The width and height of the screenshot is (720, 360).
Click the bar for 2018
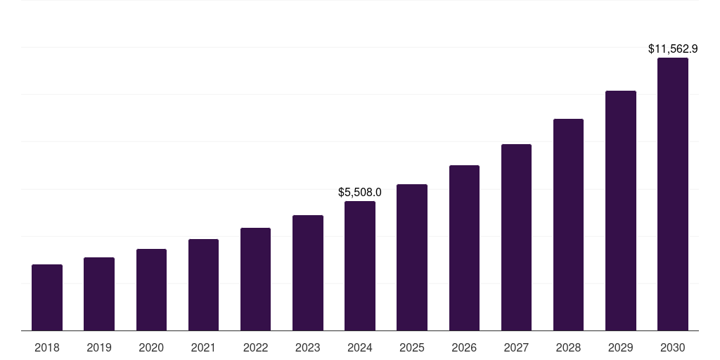point(47,297)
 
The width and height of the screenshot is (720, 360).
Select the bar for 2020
point(151,290)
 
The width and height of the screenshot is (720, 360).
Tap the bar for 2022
point(255,279)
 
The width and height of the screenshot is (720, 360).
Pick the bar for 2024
point(360,266)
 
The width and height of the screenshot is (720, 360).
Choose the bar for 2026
point(464,247)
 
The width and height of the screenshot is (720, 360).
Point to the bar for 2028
point(568,224)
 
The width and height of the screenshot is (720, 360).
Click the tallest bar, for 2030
point(673,194)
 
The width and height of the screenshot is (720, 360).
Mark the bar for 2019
point(99,294)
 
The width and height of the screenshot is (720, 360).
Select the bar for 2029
point(621,210)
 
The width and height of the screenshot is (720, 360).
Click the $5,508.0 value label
point(360,192)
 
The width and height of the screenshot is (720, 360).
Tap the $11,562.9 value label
point(673,49)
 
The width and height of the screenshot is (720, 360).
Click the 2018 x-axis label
point(47,347)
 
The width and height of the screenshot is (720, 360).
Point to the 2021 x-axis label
point(203,347)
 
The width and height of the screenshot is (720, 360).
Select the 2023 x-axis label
point(308,347)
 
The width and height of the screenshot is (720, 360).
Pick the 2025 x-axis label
point(412,347)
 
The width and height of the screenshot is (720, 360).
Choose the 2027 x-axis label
point(516,347)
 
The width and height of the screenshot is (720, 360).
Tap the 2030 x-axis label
point(673,347)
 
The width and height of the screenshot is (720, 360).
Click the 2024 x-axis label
point(360,347)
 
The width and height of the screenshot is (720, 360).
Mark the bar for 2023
point(308,273)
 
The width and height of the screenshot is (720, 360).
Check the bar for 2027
point(516,237)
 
